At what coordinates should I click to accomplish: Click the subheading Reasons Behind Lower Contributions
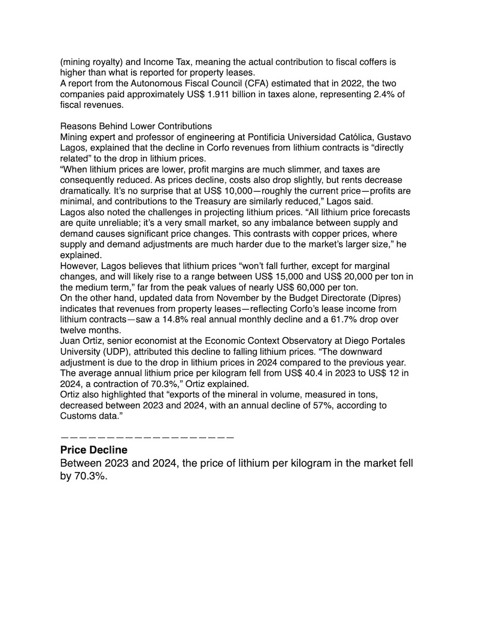[136, 126]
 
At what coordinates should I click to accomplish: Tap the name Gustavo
[393, 137]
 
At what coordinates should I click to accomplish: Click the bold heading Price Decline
[94, 449]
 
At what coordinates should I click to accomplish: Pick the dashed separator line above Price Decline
[147, 437]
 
